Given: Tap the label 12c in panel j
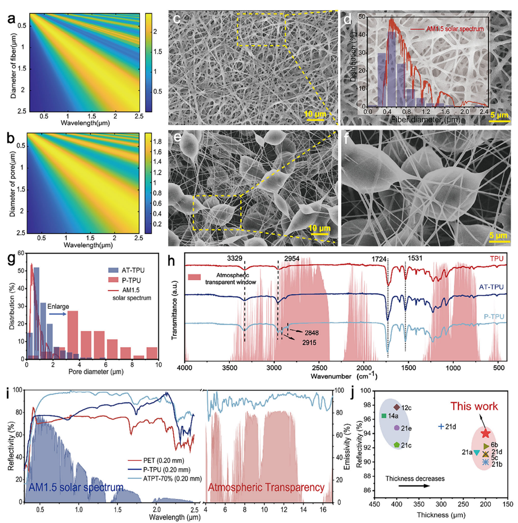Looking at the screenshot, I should [x=406, y=408].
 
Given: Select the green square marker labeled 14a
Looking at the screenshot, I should [x=384, y=416].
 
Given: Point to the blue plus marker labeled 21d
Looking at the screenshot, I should [x=441, y=426].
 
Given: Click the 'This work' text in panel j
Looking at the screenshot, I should [x=474, y=406].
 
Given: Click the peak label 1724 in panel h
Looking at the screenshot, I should [x=379, y=259].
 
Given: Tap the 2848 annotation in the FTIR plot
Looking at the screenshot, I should [x=312, y=333].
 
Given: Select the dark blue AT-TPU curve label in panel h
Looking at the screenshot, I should [x=491, y=287].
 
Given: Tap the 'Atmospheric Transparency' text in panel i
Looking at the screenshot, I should [x=266, y=488].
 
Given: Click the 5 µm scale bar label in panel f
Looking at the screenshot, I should [x=498, y=236].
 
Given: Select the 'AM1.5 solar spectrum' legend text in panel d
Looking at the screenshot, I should [x=455, y=29].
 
